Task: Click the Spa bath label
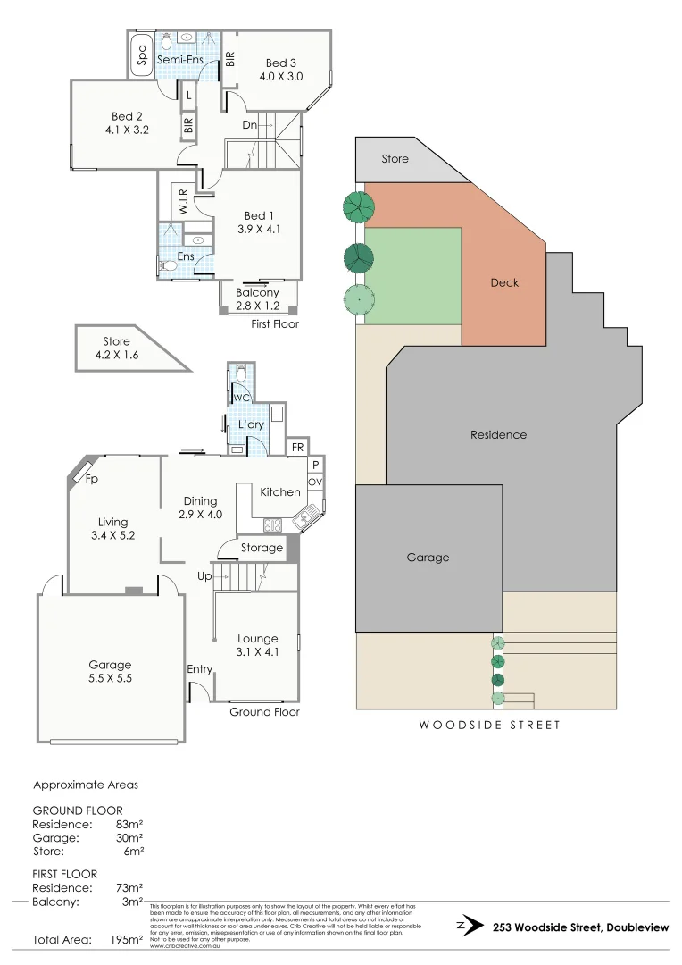pyautogui.click(x=142, y=55)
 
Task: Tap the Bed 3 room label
pyautogui.click(x=280, y=63)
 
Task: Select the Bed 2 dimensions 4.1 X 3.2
pyautogui.click(x=127, y=129)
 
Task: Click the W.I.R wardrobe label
pyautogui.click(x=183, y=201)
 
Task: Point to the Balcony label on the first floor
pyautogui.click(x=257, y=292)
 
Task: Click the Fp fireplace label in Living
pyautogui.click(x=90, y=478)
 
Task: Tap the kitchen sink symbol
pyautogui.click(x=307, y=516)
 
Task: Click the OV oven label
pyautogui.click(x=314, y=482)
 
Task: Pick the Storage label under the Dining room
pyautogui.click(x=262, y=548)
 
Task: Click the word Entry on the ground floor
pyautogui.click(x=200, y=669)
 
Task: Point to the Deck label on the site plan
pyautogui.click(x=504, y=282)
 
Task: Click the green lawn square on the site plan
pyautogui.click(x=413, y=276)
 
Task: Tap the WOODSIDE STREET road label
pyautogui.click(x=490, y=725)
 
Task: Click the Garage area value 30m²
pyautogui.click(x=129, y=838)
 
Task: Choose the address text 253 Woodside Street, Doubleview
pyautogui.click(x=579, y=927)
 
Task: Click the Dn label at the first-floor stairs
pyautogui.click(x=250, y=125)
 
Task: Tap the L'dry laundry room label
pyautogui.click(x=250, y=424)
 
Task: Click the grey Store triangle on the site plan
pyautogui.click(x=393, y=160)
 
